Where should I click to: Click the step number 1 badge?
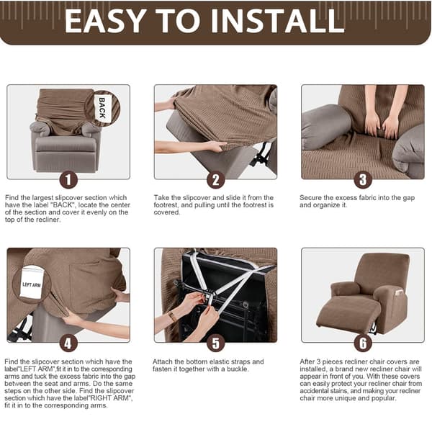point(68,179)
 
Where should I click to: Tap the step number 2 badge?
point(216,179)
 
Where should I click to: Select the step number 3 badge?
point(363,179)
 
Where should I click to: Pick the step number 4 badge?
point(68,343)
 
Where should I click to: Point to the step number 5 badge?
point(216,343)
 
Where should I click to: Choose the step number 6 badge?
point(363,343)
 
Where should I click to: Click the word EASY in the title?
point(105,21)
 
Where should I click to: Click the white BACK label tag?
point(102,108)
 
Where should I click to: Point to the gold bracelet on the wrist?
point(172,316)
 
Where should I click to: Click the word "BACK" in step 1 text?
point(63,205)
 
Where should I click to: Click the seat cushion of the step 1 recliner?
point(66,145)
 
